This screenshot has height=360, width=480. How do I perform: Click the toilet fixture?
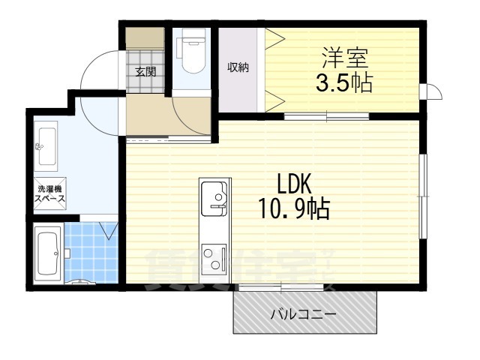pyautogui.click(x=192, y=55)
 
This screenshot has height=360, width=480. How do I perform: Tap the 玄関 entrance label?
pyautogui.click(x=145, y=72)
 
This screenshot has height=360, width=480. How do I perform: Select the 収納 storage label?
pyautogui.click(x=238, y=67)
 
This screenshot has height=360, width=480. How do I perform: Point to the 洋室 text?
pyautogui.click(x=346, y=56)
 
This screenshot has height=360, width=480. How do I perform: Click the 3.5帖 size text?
pyautogui.click(x=344, y=81)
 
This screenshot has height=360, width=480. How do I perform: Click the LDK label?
pyautogui.click(x=295, y=184)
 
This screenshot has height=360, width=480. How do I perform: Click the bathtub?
pyautogui.click(x=48, y=256)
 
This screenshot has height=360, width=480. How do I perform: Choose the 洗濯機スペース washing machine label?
pyautogui.click(x=49, y=193)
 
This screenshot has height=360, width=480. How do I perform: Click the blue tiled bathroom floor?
pyautogui.click(x=91, y=251)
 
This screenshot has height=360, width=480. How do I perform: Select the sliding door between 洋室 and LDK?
pyautogui.click(x=326, y=115)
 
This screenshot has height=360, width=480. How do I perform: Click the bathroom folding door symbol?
pyautogui.click(x=109, y=229)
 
